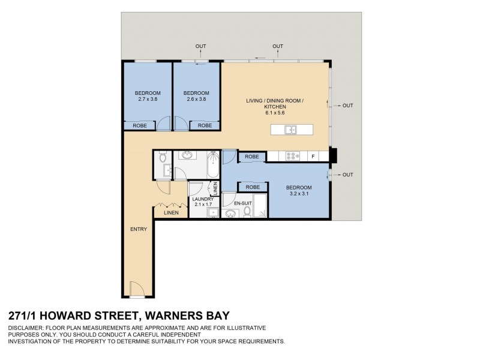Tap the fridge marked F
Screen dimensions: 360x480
click(313, 156)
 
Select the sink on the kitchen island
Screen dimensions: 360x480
click(290, 130)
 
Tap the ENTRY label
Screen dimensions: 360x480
click(139, 230)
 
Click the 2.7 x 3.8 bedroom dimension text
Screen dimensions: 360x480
click(147, 98)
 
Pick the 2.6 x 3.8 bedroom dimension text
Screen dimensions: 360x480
click(196, 98)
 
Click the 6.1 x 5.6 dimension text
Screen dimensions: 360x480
click(275, 112)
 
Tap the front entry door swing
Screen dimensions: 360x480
click(137, 290)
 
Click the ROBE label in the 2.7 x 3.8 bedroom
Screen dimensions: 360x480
click(139, 126)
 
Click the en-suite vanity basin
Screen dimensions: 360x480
click(231, 213)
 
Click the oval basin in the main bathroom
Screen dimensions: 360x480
click(187, 155)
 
